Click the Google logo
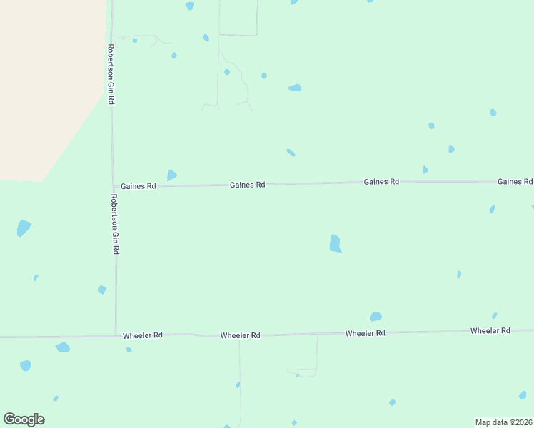pyautogui.click(x=24, y=419)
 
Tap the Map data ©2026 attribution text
pyautogui.click(x=503, y=422)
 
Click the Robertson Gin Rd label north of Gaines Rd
pyautogui.click(x=111, y=75)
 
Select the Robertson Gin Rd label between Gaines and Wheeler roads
pyautogui.click(x=114, y=224)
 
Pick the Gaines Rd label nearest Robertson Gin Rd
pyautogui.click(x=138, y=186)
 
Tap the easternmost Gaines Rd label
pyautogui.click(x=515, y=182)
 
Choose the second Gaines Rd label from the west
pyautogui.click(x=247, y=185)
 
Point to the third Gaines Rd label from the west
pyautogui.click(x=381, y=182)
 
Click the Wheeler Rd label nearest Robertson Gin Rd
pyautogui.click(x=143, y=335)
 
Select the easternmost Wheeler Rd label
pyautogui.click(x=490, y=331)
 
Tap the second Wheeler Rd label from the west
pyautogui.click(x=240, y=335)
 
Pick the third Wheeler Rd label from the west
pyautogui.click(x=365, y=333)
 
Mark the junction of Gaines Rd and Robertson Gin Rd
pyautogui.click(x=113, y=187)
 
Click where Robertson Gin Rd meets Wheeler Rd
pyautogui.click(x=116, y=335)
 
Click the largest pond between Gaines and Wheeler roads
pyautogui.click(x=335, y=243)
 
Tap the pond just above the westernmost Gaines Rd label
pyautogui.click(x=171, y=175)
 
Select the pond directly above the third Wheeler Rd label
pyautogui.click(x=376, y=316)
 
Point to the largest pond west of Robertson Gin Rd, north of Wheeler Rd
pyautogui.click(x=24, y=228)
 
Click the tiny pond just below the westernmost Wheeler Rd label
pyautogui.click(x=129, y=350)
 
